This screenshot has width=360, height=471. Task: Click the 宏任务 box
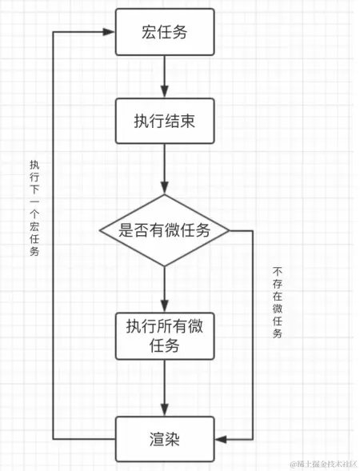click(165, 32)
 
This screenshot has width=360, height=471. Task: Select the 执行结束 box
click(165, 122)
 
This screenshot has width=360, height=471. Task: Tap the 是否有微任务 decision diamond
click(165, 230)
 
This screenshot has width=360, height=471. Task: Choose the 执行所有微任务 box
click(165, 335)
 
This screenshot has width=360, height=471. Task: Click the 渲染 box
click(165, 438)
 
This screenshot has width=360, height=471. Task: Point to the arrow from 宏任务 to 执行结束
click(165, 78)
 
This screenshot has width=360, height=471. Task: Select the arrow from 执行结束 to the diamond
click(165, 170)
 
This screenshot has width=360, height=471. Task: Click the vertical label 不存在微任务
click(277, 302)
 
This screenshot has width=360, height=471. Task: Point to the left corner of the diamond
click(100, 230)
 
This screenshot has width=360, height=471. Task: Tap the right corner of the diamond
click(230, 230)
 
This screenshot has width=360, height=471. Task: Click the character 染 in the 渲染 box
click(177, 438)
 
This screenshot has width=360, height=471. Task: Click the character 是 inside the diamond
click(126, 230)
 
